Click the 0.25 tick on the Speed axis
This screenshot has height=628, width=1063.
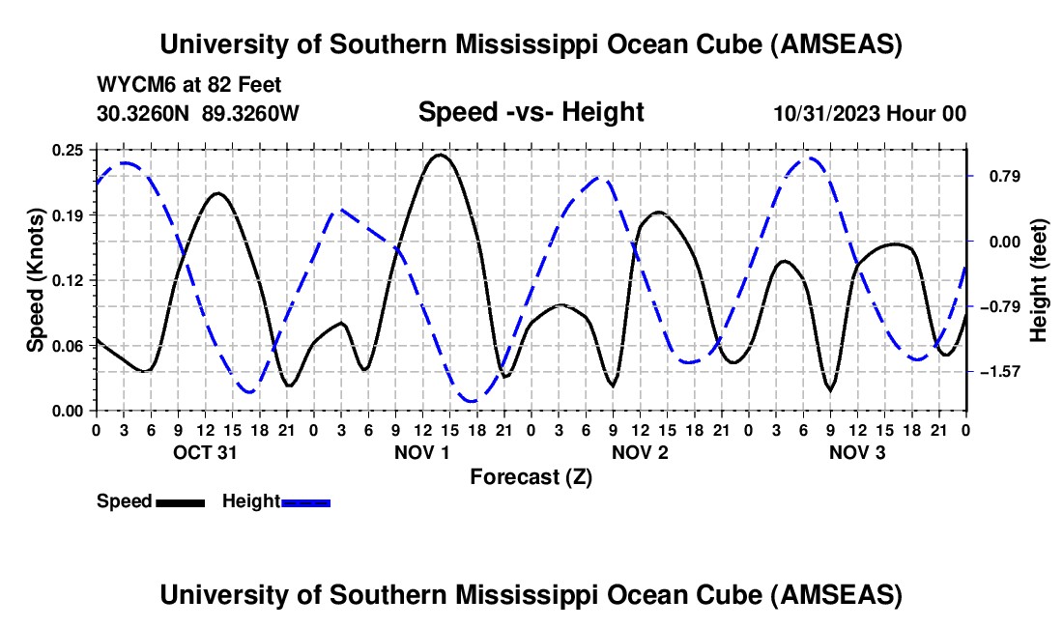(x=68, y=150)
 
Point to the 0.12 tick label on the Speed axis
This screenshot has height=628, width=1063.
(x=68, y=280)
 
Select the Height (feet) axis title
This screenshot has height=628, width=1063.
(x=1039, y=280)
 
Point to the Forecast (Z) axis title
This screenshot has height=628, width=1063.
(x=531, y=476)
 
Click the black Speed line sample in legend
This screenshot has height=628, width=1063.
(x=181, y=501)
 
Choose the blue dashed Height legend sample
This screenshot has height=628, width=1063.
(x=305, y=501)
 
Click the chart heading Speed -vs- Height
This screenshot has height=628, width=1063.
(x=531, y=113)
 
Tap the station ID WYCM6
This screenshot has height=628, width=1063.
(x=129, y=85)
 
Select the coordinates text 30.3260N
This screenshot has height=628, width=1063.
(x=144, y=113)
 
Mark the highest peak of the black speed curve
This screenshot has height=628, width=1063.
(x=441, y=155)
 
